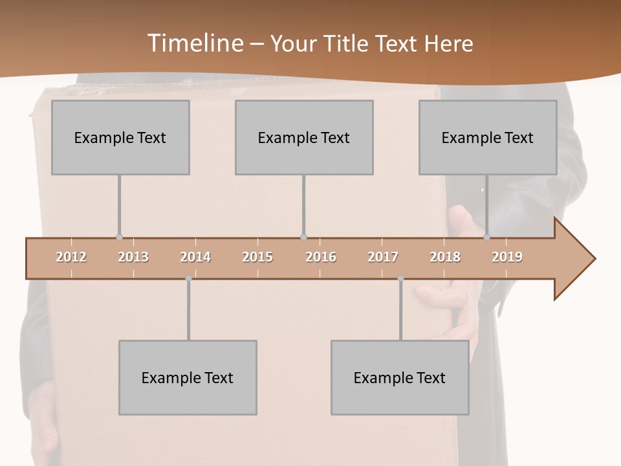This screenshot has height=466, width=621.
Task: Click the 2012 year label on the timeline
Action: [x=71, y=257]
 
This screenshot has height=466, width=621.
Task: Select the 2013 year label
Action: [x=133, y=257]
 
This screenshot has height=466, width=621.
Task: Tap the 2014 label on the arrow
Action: [x=195, y=257]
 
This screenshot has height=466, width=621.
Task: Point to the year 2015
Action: [x=257, y=257]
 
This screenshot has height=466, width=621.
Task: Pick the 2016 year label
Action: [x=321, y=257]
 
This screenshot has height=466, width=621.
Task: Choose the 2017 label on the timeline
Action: [x=383, y=257]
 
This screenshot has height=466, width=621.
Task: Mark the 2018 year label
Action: [x=445, y=257]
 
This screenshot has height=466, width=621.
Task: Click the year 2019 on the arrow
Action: [x=507, y=257]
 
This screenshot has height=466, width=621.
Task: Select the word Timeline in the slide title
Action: [x=194, y=43]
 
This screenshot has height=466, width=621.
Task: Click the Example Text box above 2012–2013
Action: [x=120, y=137]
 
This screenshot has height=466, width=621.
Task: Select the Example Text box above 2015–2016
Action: [x=304, y=137]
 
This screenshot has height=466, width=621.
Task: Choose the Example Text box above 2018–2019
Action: [x=488, y=137]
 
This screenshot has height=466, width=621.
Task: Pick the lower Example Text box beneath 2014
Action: [x=188, y=377]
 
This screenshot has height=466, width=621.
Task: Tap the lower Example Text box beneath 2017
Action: [x=400, y=377]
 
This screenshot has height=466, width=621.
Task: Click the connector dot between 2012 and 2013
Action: [x=119, y=238]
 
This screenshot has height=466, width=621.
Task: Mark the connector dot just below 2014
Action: [x=188, y=278]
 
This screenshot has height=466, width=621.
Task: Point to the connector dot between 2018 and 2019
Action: [x=487, y=238]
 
